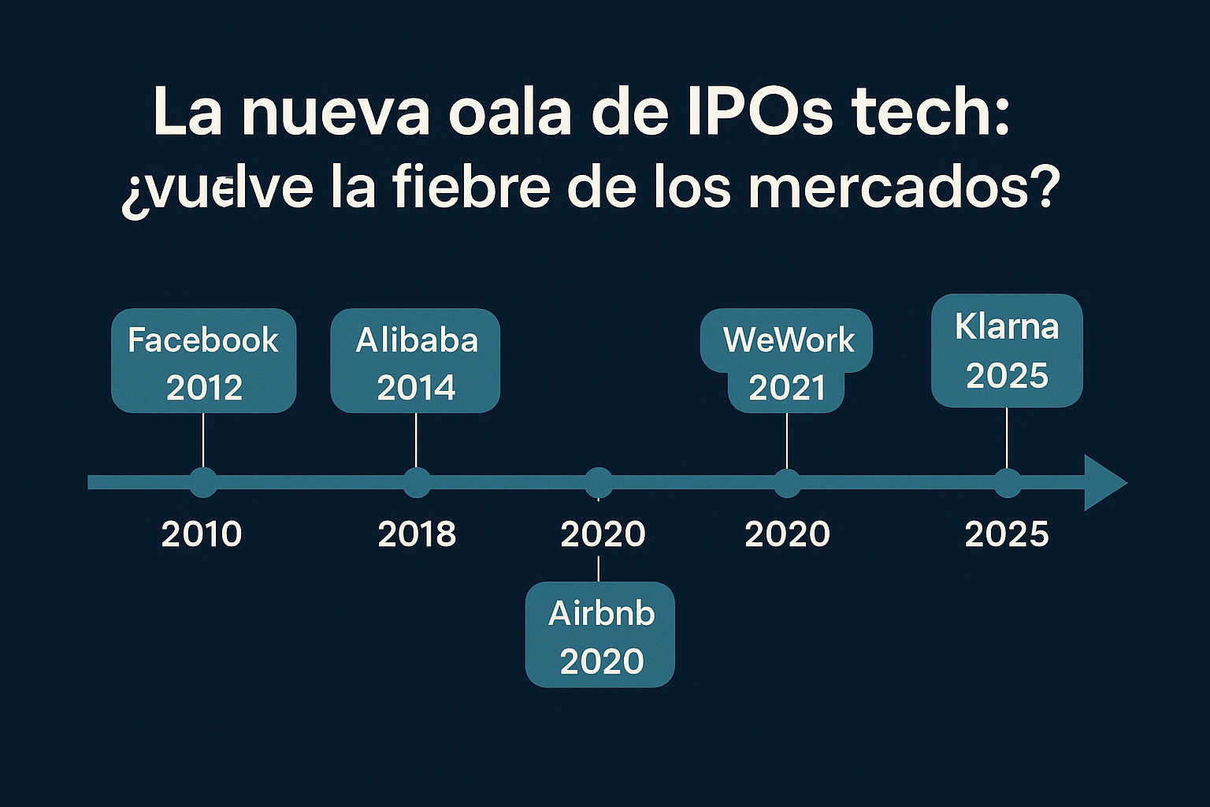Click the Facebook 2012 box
203,361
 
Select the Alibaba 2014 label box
415,361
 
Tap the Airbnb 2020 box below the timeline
600,635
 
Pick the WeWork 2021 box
786,361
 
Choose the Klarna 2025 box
1007,351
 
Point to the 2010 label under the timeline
202,534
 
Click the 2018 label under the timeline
417,534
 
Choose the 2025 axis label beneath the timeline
1007,534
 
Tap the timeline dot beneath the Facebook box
203,482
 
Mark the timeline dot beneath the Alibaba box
416,482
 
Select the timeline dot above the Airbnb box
599,482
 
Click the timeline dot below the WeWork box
787,482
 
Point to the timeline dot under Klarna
1007,482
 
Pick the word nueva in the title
336,112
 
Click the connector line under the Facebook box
203,440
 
